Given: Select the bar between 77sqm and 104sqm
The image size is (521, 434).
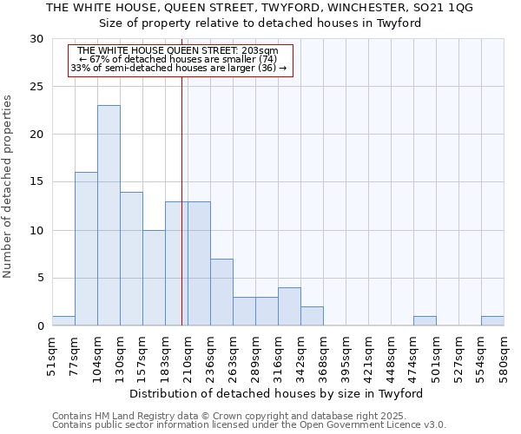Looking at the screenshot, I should (x=86, y=249).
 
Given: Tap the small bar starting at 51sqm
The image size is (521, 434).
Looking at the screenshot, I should (x=63, y=320).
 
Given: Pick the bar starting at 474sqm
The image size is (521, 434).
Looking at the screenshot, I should (x=425, y=320).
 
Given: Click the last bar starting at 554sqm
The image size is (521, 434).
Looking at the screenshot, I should (x=492, y=320).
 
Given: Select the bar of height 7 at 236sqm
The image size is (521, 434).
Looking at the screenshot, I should (x=221, y=293).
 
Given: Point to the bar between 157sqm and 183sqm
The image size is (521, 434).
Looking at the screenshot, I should (x=154, y=278).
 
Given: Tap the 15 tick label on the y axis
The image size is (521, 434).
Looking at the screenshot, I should (x=36, y=182).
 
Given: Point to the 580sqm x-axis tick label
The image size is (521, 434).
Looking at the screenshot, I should (x=505, y=357).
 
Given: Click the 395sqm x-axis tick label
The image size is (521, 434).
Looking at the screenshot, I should (x=346, y=357).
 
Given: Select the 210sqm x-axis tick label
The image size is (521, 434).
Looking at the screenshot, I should (x=188, y=357).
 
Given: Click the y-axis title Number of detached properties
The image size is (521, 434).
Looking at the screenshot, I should (x=9, y=187).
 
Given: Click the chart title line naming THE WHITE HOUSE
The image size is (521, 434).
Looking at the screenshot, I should (x=260, y=8).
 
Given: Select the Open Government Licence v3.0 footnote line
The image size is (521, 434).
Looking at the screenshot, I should (x=249, y=425).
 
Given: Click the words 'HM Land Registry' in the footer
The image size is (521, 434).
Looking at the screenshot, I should (x=132, y=416).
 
